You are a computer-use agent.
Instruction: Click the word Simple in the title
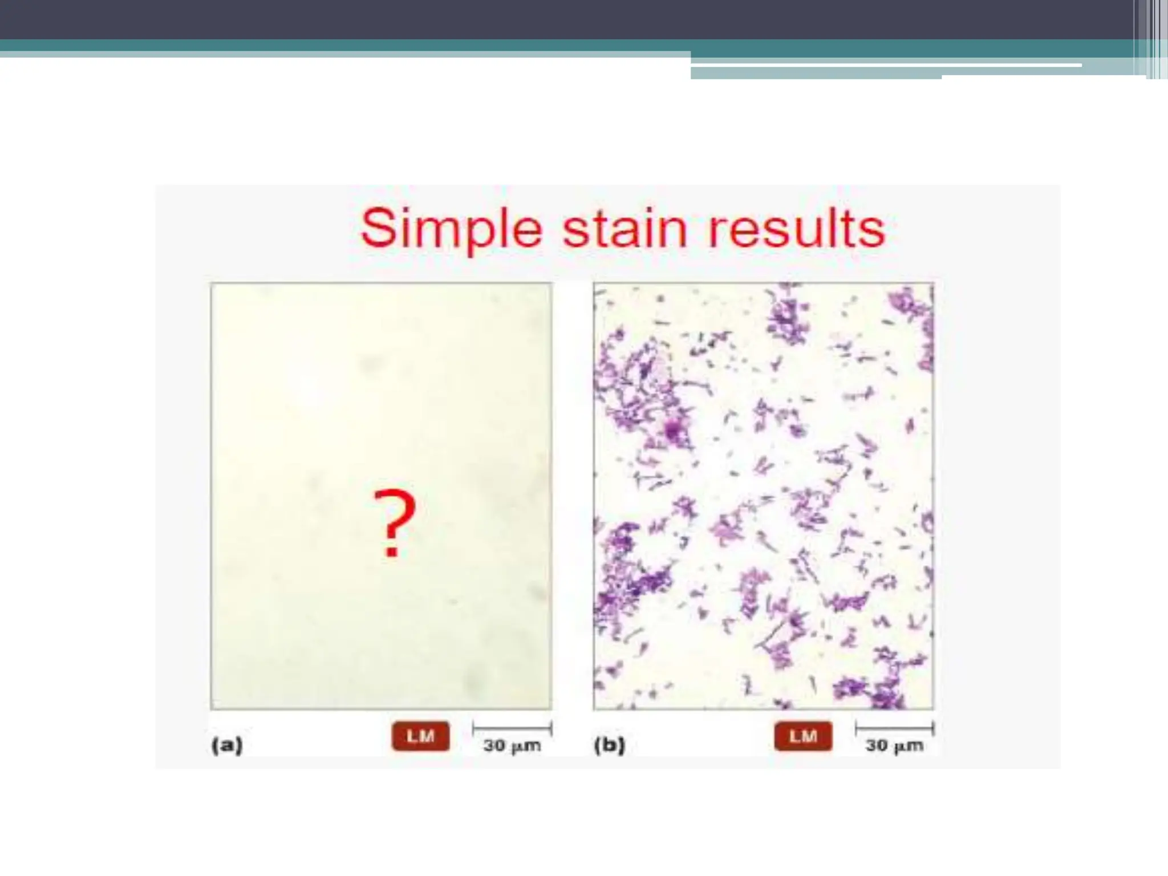click(x=451, y=229)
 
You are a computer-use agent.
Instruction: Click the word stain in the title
click(x=625, y=229)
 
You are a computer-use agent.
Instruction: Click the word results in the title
click(x=796, y=229)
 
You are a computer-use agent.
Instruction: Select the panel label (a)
click(x=227, y=745)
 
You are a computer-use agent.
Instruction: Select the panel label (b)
click(x=610, y=745)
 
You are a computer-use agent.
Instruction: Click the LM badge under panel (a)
click(x=420, y=736)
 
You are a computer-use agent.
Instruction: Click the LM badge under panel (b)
click(x=803, y=736)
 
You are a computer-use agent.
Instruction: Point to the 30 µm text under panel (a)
click(x=512, y=745)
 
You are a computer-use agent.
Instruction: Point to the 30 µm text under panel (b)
click(x=894, y=745)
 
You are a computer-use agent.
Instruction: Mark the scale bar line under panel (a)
click(x=512, y=728)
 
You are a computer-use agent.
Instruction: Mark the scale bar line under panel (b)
click(x=894, y=728)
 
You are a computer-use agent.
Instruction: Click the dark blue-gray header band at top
click(x=513, y=19)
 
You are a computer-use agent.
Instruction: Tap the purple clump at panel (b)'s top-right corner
click(x=912, y=308)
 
